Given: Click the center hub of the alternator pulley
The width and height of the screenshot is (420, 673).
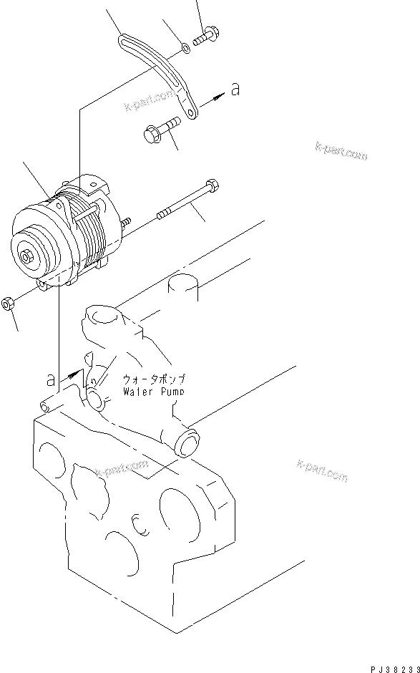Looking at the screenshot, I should click(x=26, y=256).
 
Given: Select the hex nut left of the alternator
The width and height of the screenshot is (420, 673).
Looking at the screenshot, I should click(x=8, y=304).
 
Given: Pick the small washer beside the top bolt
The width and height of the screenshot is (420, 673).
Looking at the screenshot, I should click(x=185, y=49).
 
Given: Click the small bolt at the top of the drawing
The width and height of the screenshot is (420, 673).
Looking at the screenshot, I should click(x=205, y=34).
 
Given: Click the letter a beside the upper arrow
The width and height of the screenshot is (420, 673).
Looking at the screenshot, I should click(x=235, y=89).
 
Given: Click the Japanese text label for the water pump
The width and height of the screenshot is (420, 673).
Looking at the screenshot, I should click(x=153, y=379).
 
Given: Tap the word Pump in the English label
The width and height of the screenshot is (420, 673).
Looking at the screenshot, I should click(x=170, y=392).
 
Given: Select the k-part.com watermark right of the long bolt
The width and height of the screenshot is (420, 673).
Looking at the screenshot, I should click(x=341, y=150).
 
